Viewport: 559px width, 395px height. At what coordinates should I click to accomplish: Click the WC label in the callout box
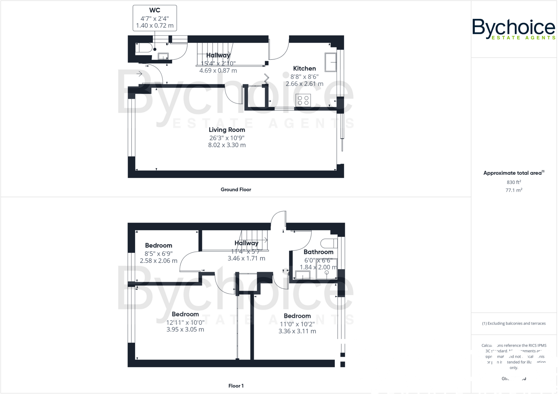154,10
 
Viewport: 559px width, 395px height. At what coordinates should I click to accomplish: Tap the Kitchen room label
304,69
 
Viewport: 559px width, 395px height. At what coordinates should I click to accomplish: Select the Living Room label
227,130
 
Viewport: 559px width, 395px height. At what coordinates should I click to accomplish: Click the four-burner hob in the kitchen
303,100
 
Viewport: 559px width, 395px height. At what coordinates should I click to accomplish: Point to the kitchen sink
330,62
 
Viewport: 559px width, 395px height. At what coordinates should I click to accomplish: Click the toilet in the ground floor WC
144,48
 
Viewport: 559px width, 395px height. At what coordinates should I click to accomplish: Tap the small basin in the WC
163,56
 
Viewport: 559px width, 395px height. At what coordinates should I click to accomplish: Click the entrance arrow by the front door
139,74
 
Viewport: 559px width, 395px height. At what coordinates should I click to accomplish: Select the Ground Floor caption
236,190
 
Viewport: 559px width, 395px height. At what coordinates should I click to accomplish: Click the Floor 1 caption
236,386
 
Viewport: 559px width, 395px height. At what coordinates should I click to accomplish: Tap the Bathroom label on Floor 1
318,252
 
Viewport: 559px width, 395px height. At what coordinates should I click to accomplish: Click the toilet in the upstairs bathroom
329,243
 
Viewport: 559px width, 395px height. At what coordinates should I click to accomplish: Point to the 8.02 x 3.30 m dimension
227,145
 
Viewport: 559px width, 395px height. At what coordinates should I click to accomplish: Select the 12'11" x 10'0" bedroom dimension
185,322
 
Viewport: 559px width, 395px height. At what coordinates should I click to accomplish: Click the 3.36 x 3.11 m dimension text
297,331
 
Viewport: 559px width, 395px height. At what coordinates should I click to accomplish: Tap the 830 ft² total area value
514,182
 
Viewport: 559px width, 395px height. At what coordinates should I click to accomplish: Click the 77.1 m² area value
514,190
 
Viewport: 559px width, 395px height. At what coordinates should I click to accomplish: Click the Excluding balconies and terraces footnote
514,324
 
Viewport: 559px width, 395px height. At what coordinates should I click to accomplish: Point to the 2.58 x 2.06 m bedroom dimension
159,261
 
